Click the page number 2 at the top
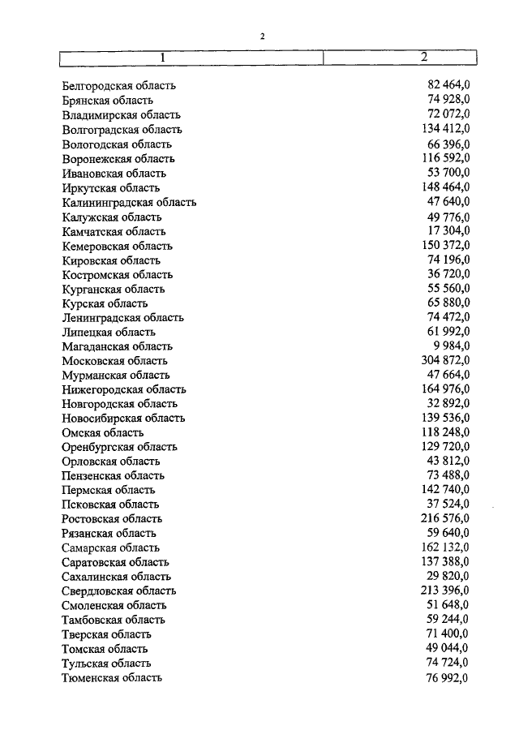pos(262,36)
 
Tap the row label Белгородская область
pos(118,86)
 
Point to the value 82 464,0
pos(448,85)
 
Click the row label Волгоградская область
pos(122,130)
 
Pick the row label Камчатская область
pos(114,231)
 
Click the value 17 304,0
pos(448,231)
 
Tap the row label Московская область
pos(114,361)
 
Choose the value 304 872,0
pos(445,360)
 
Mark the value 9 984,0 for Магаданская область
pos(452,346)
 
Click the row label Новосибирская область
pos(123,419)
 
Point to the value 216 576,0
pos(445,518)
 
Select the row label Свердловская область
pos(118,591)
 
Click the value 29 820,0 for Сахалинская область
pos(448,577)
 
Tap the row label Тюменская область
pos(112,678)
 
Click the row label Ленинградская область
pos(122,318)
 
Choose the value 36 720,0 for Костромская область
pos(448,274)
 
